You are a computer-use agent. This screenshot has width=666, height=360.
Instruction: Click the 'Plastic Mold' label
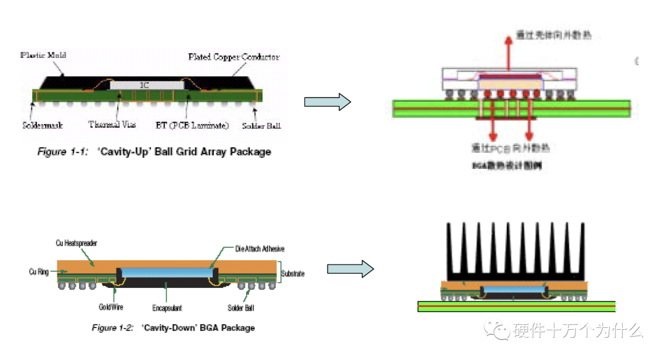43,55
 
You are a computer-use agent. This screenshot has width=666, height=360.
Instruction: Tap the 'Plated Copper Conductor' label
234,57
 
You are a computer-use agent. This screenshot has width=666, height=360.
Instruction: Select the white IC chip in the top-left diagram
144,85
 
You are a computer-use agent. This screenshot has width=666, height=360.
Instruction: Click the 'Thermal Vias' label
112,125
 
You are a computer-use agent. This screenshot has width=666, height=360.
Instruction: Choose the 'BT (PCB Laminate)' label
191,125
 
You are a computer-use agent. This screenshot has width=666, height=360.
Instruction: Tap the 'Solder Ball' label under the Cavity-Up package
261,125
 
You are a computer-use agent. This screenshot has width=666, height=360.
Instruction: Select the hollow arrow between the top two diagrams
327,102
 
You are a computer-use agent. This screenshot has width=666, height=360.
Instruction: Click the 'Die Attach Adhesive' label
260,249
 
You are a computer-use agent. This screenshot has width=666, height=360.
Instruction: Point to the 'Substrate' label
293,273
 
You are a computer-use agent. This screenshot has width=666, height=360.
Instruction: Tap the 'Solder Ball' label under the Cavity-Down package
240,307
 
